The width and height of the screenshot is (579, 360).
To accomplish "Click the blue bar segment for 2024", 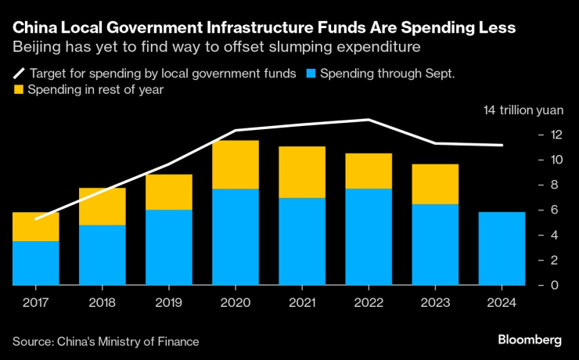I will click(502, 248).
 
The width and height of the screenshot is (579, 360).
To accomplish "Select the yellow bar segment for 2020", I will click(236, 164).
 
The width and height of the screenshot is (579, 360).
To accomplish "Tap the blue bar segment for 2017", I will click(35, 263).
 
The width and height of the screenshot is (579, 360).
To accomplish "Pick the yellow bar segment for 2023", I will click(435, 184).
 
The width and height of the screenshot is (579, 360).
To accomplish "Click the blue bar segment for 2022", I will click(369, 236).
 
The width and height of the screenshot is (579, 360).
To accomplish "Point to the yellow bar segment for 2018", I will click(102, 206).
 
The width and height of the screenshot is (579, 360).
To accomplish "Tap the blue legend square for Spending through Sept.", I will click(311, 74).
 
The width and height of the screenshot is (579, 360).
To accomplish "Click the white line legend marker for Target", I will click(18, 74).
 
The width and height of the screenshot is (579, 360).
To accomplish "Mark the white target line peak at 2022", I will click(369, 120).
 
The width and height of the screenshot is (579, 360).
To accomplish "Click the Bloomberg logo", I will click(530, 340).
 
